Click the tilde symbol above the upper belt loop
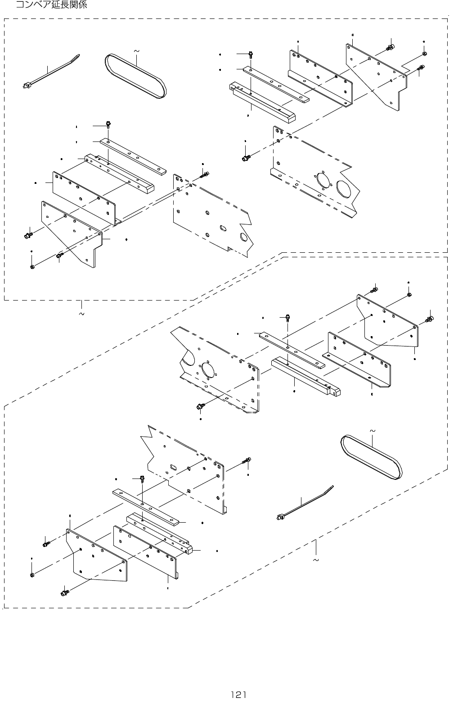[136, 51]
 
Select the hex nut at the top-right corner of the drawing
[425, 54]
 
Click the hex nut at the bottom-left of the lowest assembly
[32, 575]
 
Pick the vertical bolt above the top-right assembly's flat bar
[250, 55]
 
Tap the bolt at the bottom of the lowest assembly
[64, 592]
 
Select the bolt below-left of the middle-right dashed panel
[200, 406]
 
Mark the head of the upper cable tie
[26, 84]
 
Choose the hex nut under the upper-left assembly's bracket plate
[32, 267]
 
